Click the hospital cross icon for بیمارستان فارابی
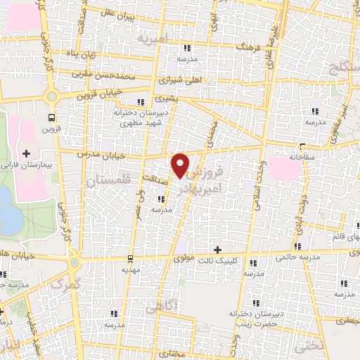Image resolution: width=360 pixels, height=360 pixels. tap(27, 153)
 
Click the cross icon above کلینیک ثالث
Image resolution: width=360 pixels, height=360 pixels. tap(217, 250)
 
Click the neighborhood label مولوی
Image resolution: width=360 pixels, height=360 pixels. tap(181, 258)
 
